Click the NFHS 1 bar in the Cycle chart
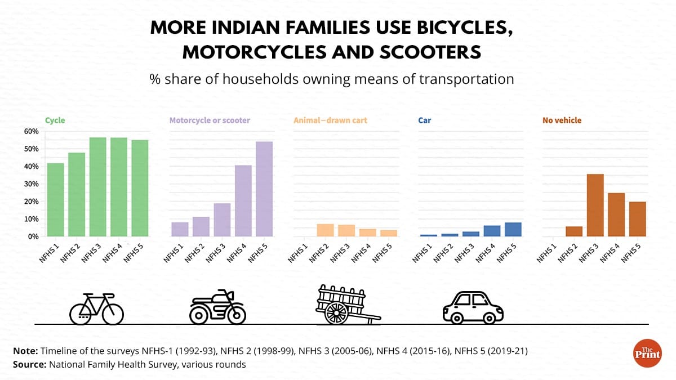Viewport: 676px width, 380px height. point(55,200)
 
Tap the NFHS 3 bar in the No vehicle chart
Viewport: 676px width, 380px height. point(595,205)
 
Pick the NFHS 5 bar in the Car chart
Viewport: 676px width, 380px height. point(513,230)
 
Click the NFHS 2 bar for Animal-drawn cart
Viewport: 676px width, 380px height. point(326,230)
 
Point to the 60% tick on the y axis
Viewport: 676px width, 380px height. point(32,131)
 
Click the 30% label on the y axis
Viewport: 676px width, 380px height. point(32,184)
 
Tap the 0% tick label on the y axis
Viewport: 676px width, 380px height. point(33,236)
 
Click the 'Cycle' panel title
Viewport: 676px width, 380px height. point(55,120)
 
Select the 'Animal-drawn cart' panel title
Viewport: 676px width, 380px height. point(331,120)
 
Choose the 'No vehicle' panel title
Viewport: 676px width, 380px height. point(562,120)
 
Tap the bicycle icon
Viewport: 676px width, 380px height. point(96,309)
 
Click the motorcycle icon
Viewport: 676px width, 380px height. point(217,307)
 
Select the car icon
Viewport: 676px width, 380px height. point(473,307)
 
